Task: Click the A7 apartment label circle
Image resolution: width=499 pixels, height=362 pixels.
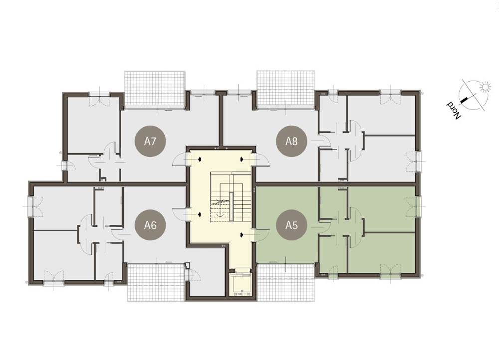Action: coord(150,141)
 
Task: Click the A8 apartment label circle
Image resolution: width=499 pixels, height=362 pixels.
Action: coord(291,141)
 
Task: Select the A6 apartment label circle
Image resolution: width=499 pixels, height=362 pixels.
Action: coord(150,225)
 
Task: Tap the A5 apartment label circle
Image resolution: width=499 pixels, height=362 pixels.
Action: coord(291,225)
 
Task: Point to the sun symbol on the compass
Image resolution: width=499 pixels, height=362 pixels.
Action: coord(485,87)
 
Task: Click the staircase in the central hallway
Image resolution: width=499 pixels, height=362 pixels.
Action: coord(231,196)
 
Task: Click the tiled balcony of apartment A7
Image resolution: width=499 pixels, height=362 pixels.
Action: coord(154,88)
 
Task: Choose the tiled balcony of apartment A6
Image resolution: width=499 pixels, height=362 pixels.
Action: coord(156,282)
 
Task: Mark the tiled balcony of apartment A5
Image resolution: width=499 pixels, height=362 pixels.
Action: coord(286,282)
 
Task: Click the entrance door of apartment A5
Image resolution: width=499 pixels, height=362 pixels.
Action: coord(260,235)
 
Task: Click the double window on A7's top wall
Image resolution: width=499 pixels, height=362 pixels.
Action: coord(99,98)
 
